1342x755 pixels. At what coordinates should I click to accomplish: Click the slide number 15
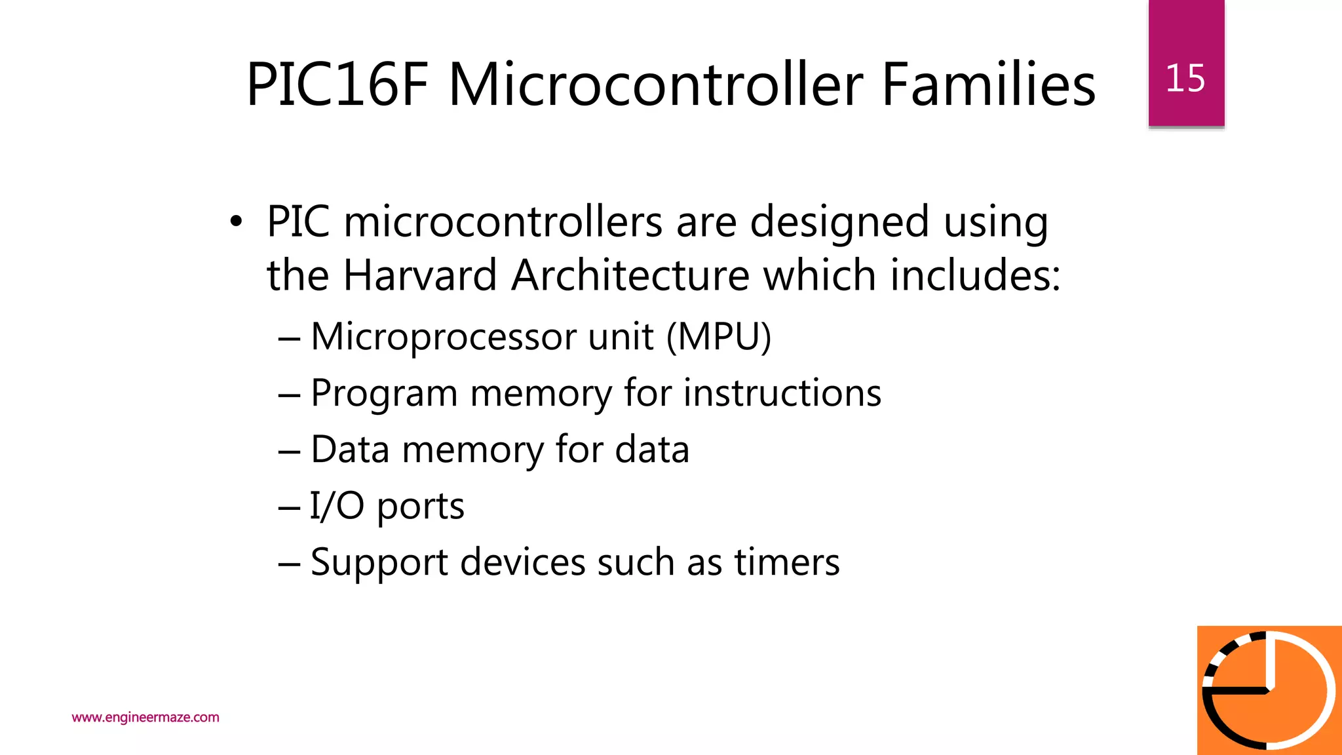tap(1185, 79)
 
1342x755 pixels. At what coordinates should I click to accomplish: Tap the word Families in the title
tap(988, 85)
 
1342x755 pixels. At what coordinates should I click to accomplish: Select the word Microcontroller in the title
tap(655, 85)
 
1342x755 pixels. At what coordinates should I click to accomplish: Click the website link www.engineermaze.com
tap(145, 717)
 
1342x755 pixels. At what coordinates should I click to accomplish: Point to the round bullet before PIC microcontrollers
tap(236, 222)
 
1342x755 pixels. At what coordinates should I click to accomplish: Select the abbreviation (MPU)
tap(719, 337)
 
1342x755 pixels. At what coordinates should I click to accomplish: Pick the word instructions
tap(782, 393)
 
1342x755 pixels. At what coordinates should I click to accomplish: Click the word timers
tap(786, 562)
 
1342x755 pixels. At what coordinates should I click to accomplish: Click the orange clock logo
tap(1269, 690)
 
